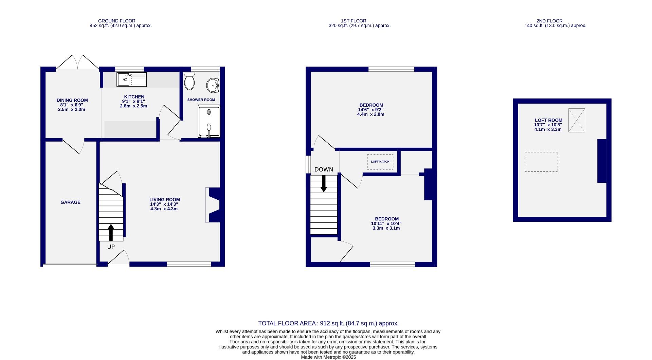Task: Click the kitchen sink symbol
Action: pos(131,79)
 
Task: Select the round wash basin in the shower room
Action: pos(213,85)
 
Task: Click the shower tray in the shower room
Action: pos(209,121)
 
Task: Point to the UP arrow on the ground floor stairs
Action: pos(111,232)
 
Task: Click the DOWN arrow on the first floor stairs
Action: pos(324,183)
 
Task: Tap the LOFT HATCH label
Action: pos(380,162)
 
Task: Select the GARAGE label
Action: pos(70,202)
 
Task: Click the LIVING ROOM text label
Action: pos(165,200)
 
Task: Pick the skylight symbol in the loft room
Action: pos(577,120)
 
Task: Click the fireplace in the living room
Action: pos(213,205)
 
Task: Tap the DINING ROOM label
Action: pos(72,100)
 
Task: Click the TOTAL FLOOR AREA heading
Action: pos(328,323)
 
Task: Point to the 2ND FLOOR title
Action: pos(549,21)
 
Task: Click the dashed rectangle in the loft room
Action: pos(541,162)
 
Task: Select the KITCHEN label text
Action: pos(134,97)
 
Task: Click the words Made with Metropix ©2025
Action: pos(328,357)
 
